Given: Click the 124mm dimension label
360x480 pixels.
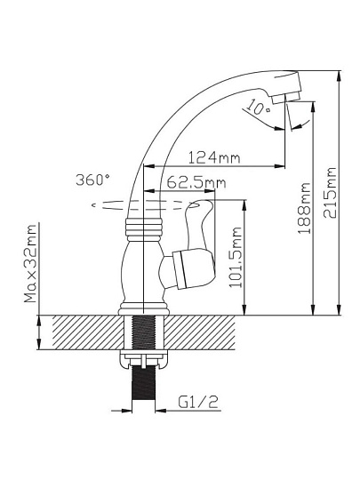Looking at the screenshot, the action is pyautogui.click(x=214, y=157).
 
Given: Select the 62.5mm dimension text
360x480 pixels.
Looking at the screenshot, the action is pyautogui.click(x=196, y=183).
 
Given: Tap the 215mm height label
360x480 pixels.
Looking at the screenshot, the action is pyautogui.click(x=330, y=193).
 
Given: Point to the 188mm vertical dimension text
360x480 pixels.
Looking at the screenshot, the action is pyautogui.click(x=304, y=208).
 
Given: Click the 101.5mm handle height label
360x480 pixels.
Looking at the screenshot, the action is pyautogui.click(x=236, y=257).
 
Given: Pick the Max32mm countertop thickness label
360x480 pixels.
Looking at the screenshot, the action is pyautogui.click(x=30, y=264).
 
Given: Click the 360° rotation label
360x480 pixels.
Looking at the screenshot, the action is pyautogui.click(x=92, y=180).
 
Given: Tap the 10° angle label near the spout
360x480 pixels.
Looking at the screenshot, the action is pyautogui.click(x=258, y=108).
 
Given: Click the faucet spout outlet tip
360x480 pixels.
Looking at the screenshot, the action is pyautogui.click(x=285, y=98).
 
